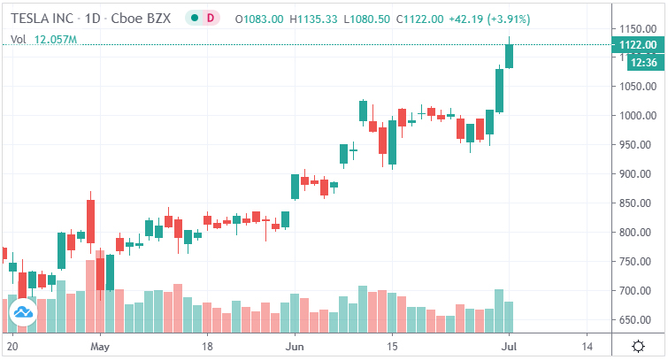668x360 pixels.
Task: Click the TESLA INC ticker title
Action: point(42,18)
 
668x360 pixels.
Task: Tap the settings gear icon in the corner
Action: point(639,345)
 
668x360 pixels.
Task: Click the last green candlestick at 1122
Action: point(509,56)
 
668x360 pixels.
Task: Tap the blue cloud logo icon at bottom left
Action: point(21,311)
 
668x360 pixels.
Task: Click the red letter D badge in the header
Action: point(209,18)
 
